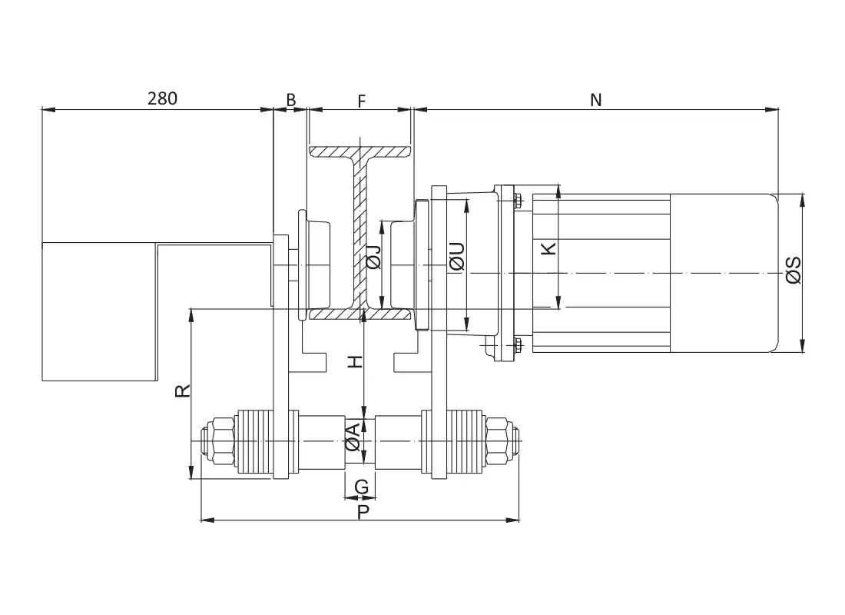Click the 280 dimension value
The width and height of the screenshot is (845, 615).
(162, 98)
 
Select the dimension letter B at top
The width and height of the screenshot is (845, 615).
(291, 100)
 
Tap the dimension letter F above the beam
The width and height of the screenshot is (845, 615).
(362, 100)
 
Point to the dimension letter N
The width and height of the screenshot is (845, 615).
(595, 100)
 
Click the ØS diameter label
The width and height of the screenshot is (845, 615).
(794, 270)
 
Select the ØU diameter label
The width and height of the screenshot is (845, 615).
(457, 257)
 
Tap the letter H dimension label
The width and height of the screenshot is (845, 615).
(355, 361)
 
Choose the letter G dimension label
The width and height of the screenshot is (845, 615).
(361, 487)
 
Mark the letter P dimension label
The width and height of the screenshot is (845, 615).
(363, 511)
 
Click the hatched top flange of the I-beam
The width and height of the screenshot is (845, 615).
(361, 151)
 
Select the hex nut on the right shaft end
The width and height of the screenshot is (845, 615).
(500, 441)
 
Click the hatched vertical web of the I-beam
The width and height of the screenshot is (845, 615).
(361, 231)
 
